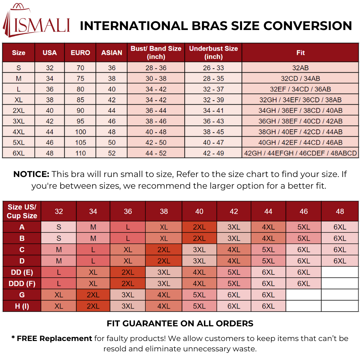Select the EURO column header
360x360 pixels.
tap(80, 53)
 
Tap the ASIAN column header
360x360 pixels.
tap(112, 53)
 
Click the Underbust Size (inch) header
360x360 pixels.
tap(213, 53)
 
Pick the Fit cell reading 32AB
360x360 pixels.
tap(300, 68)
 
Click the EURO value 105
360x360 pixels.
tap(80, 143)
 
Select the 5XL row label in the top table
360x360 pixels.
tap(19, 143)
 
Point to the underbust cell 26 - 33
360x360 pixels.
tap(213, 68)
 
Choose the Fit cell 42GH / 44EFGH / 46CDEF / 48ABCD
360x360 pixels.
tap(300, 153)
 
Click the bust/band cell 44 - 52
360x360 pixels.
tap(156, 153)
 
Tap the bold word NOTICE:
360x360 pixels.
tap(31, 174)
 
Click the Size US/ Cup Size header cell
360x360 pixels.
tap(22, 211)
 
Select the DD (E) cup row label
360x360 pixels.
tap(22, 272)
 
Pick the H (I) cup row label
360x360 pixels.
tap(22, 306)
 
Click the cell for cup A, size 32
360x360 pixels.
tap(59, 227)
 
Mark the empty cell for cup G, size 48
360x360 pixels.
tap(340, 295)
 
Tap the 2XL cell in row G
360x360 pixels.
tap(93, 295)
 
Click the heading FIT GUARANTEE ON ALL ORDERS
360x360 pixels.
tap(180, 323)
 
